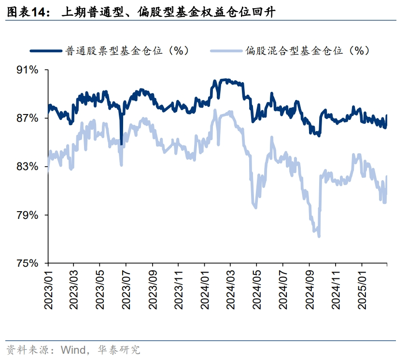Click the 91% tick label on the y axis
(28, 70)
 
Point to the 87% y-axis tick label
(28, 118)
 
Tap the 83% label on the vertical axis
(28, 167)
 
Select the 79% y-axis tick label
(28, 215)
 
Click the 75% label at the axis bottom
(28, 263)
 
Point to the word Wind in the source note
(70, 349)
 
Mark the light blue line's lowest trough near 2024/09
(319, 236)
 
